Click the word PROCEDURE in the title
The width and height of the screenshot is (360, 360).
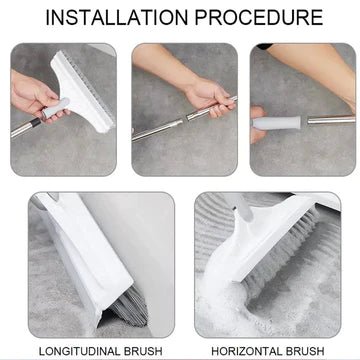point(261,17)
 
